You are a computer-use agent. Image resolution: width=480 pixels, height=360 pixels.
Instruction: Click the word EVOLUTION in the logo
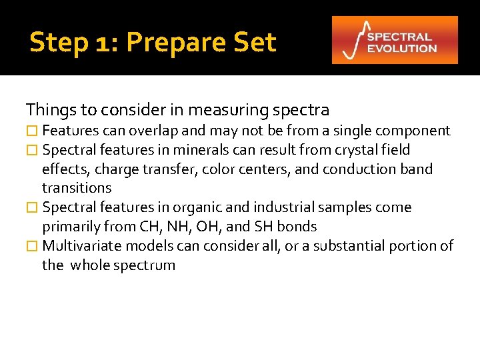[402, 48]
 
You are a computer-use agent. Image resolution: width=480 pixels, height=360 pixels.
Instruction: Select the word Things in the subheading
[48, 109]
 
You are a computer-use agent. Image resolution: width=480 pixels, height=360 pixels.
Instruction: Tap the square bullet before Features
[31, 131]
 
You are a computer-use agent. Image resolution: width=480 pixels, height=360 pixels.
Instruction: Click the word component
[416, 131]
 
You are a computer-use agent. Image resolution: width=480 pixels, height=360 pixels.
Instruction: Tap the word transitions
[77, 188]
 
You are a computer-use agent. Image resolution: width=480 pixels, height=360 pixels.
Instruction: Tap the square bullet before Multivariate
[31, 246]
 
